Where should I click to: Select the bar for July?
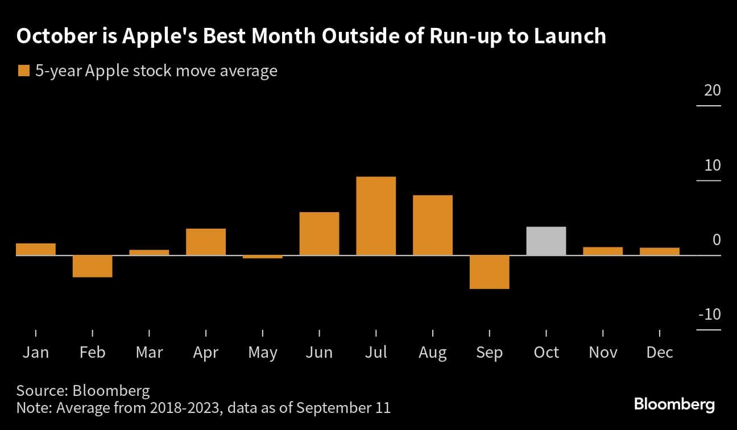[x=376, y=216]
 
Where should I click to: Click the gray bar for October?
[x=546, y=241]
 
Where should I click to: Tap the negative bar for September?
[x=489, y=272]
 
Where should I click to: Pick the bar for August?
[x=433, y=225]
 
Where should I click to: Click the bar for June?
[x=319, y=233]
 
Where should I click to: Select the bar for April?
[x=206, y=242]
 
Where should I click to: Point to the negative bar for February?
[x=92, y=266]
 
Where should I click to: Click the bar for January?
[x=36, y=249]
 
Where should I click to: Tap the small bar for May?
[x=262, y=257]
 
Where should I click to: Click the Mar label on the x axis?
[x=149, y=353]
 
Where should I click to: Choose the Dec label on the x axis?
[x=660, y=353]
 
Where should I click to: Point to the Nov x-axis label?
[x=603, y=353]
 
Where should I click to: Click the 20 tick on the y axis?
[x=712, y=91]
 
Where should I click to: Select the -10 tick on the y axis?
[x=709, y=315]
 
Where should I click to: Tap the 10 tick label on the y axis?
[x=712, y=166]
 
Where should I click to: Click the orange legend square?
[x=24, y=71]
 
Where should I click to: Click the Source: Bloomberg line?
[x=83, y=391]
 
